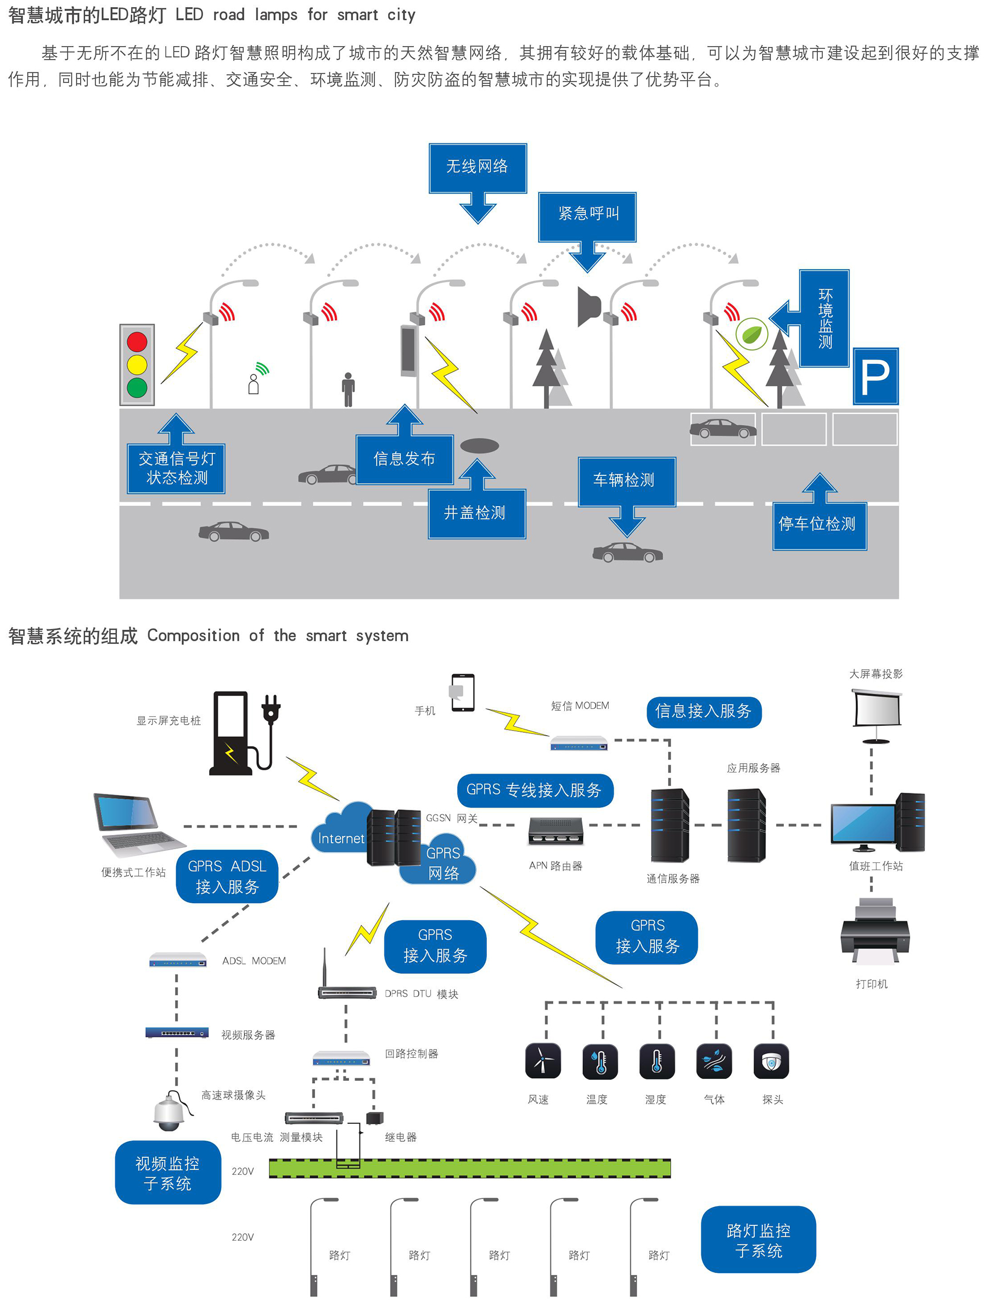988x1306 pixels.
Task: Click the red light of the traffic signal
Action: point(137,341)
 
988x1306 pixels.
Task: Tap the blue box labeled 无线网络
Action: point(477,167)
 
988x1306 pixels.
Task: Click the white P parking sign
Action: point(875,377)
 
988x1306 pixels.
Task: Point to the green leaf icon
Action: point(751,334)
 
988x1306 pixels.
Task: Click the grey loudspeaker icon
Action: point(588,306)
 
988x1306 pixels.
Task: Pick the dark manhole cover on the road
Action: point(479,446)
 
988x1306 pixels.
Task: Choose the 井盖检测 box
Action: point(476,513)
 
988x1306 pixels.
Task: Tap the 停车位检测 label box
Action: point(818,525)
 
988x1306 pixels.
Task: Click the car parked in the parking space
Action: point(722,429)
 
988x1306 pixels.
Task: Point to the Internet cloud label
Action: point(340,837)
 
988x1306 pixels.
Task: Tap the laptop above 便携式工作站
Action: point(137,824)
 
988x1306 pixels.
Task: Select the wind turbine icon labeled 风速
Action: point(542,1062)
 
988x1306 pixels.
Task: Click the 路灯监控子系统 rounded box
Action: point(758,1240)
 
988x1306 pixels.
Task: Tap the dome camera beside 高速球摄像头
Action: point(169,1111)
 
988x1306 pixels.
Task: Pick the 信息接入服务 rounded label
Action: point(703,712)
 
